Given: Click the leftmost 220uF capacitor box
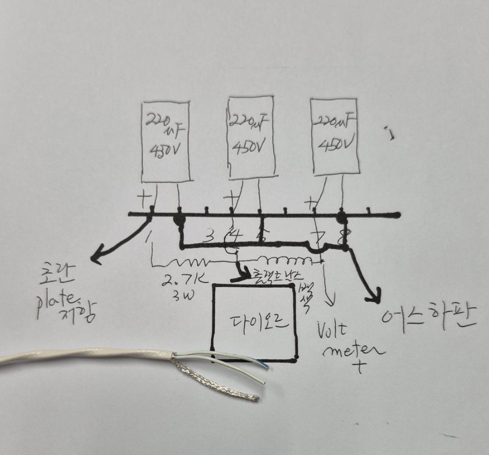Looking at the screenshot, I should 166,142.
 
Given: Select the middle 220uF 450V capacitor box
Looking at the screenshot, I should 251,137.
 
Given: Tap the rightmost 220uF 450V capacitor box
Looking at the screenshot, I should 334,136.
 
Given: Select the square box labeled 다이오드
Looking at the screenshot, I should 254,322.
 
